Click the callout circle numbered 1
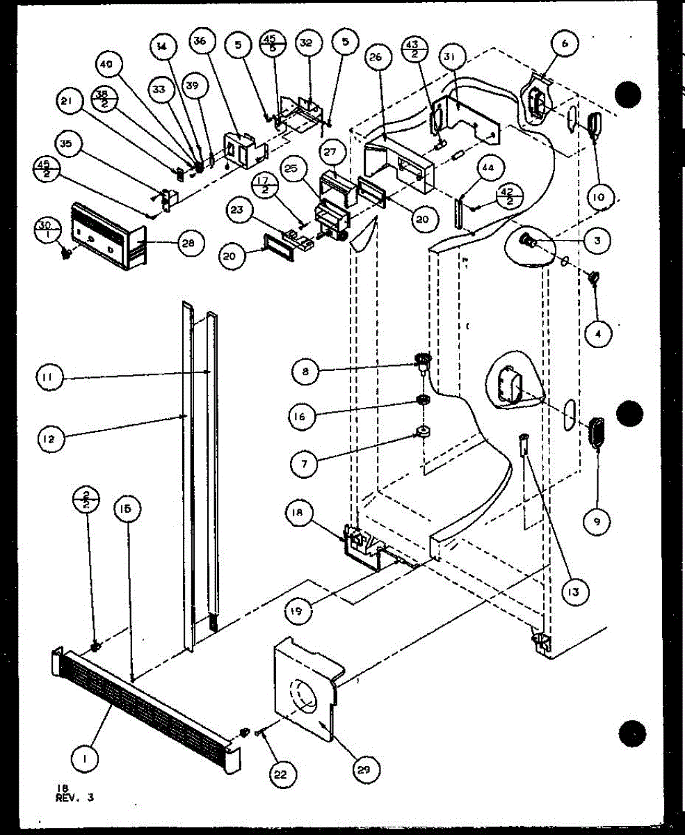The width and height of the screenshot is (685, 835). [84, 761]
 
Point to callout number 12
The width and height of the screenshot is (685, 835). [52, 438]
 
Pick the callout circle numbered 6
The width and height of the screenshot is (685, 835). [565, 43]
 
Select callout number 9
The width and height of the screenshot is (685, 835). [598, 519]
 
